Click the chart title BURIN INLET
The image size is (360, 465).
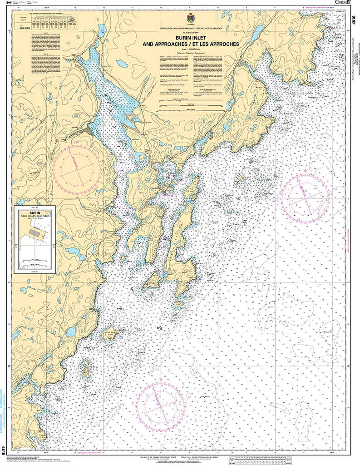(190, 39)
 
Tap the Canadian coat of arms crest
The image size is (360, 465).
(190, 18)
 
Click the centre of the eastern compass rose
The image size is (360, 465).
(305, 195)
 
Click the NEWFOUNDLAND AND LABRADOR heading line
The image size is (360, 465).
(190, 29)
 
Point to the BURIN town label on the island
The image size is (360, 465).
(155, 188)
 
